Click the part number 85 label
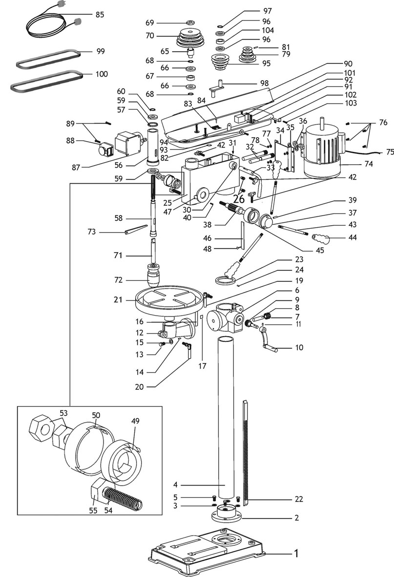100,15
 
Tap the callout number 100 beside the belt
102,74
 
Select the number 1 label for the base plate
295,554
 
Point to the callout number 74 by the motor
369,164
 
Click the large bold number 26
239,199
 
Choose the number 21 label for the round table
118,299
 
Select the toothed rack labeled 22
246,449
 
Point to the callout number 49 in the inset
135,420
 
